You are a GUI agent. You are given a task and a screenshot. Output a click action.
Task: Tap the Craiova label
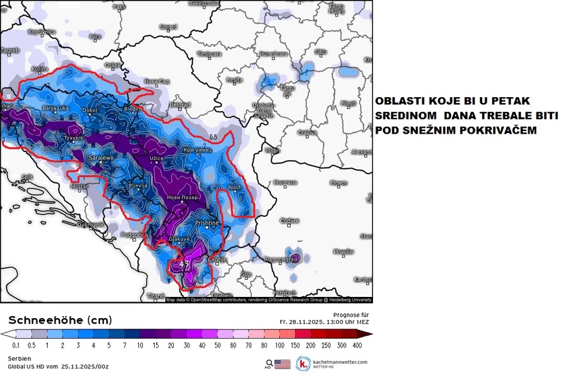(307, 132)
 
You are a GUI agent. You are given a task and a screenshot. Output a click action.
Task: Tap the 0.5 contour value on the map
(213, 138)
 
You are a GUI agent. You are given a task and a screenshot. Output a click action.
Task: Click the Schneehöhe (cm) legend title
(60, 320)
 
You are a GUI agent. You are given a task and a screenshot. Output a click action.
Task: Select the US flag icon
(282, 363)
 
